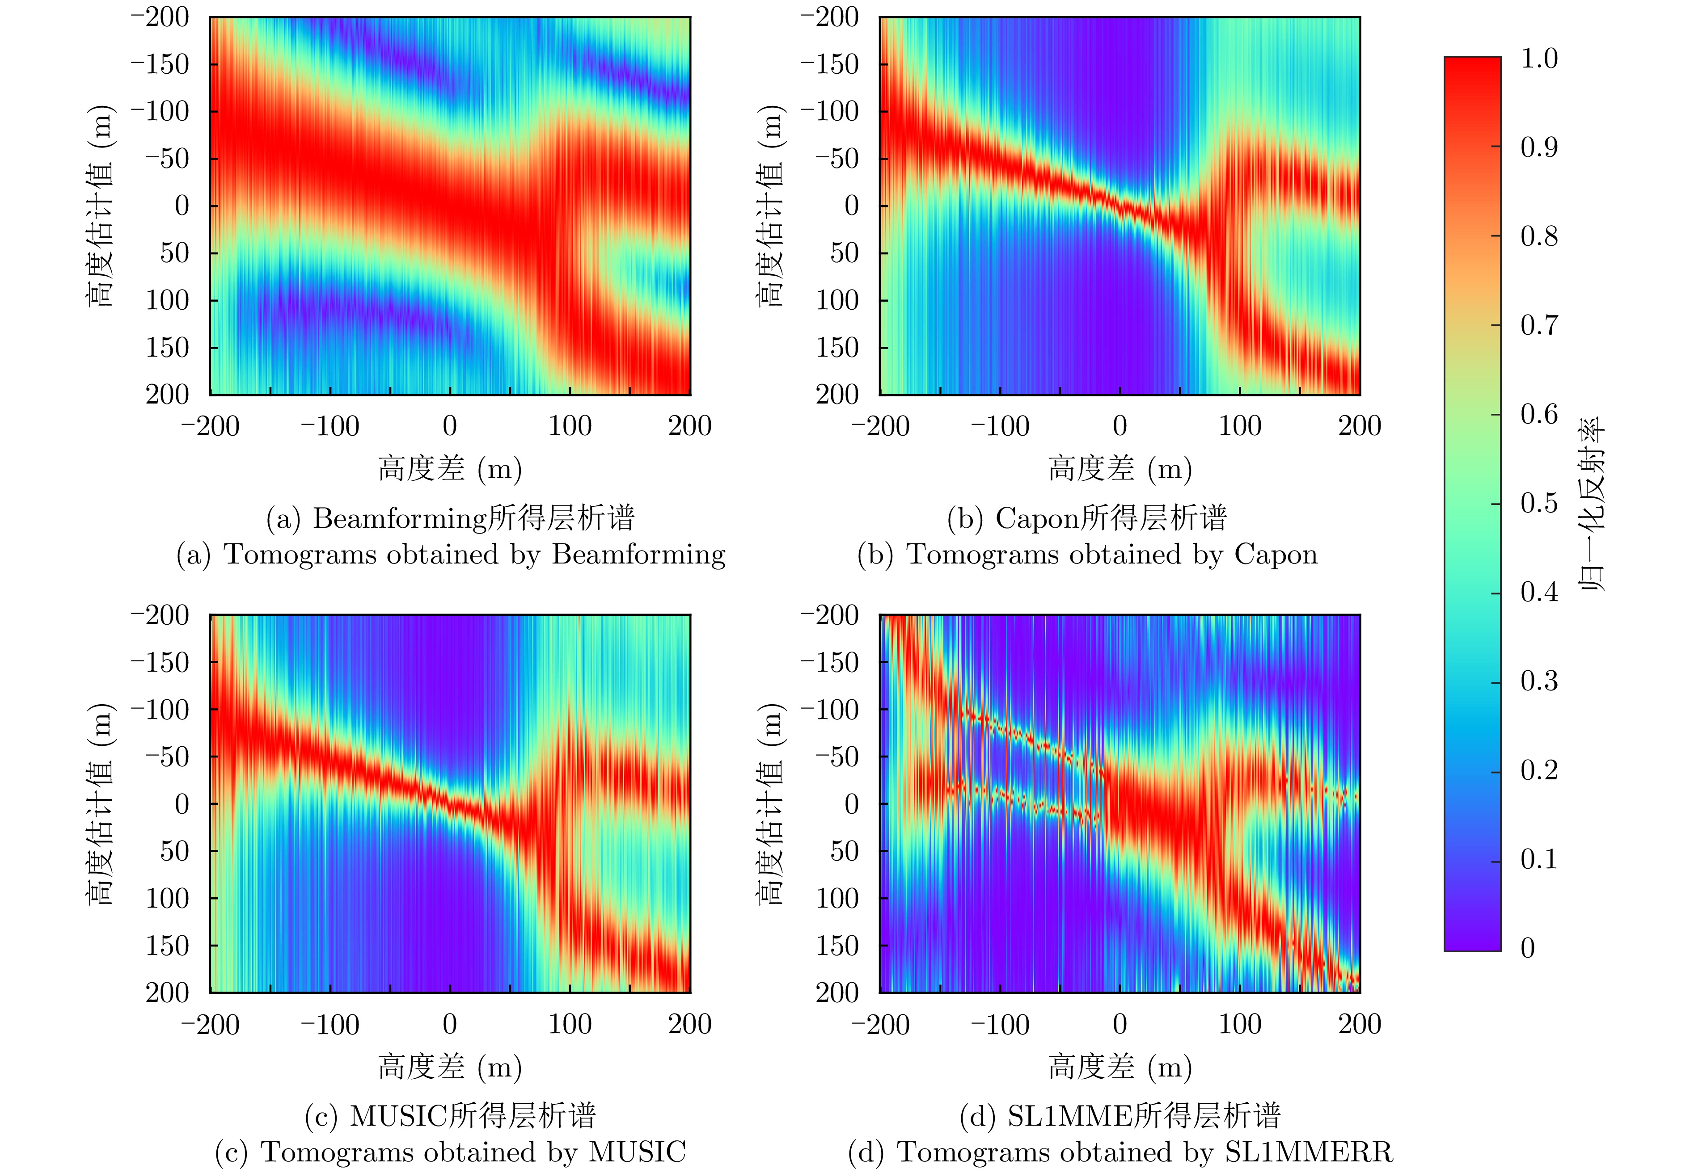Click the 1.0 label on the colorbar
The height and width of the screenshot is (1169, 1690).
(x=1538, y=59)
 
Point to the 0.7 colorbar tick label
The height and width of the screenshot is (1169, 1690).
(x=1538, y=325)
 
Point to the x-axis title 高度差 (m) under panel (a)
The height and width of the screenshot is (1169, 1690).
(x=450, y=469)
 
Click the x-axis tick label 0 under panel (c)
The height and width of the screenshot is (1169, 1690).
(x=450, y=1024)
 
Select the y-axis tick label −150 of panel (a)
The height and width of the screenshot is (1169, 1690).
(x=160, y=64)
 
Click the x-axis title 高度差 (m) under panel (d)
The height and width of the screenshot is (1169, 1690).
(x=1120, y=1067)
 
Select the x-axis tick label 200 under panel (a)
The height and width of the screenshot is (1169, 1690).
(x=689, y=426)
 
